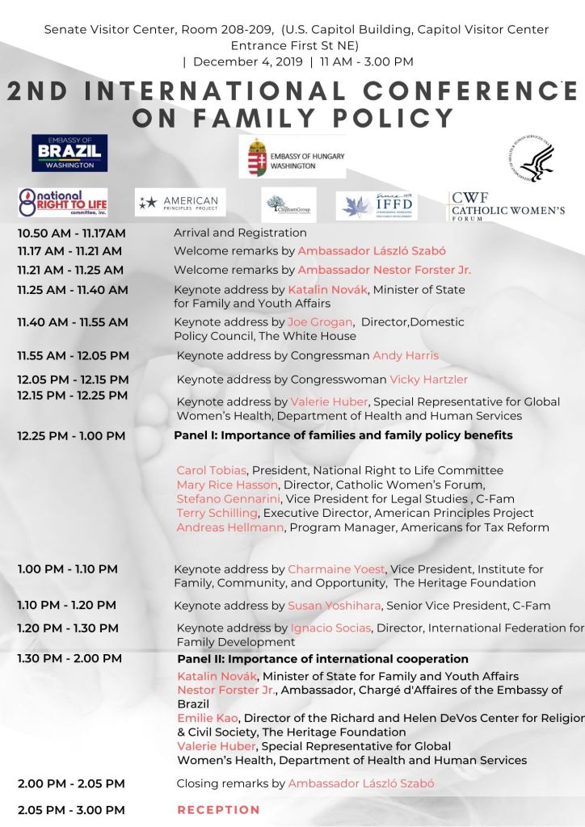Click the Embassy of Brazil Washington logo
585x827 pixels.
point(69,153)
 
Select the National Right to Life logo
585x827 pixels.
point(63,202)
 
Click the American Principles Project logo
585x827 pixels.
point(180,202)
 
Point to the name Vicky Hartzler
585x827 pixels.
point(428,380)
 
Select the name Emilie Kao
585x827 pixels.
point(207,718)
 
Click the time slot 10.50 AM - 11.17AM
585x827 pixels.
point(72,233)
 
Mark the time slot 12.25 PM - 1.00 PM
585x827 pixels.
point(71,436)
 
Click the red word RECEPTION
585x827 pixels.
point(219,809)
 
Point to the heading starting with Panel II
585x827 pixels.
point(322,659)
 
